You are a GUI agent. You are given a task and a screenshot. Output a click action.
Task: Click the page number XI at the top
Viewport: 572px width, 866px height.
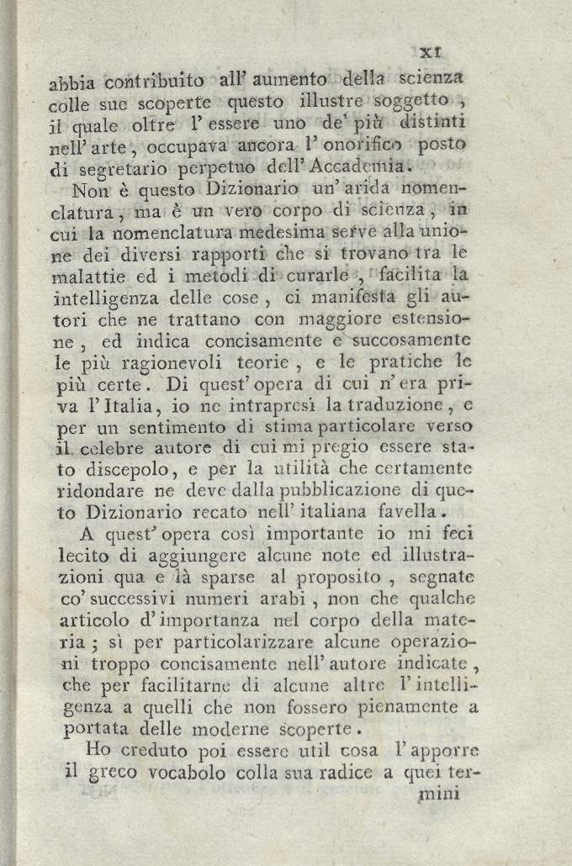[x=442, y=52]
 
